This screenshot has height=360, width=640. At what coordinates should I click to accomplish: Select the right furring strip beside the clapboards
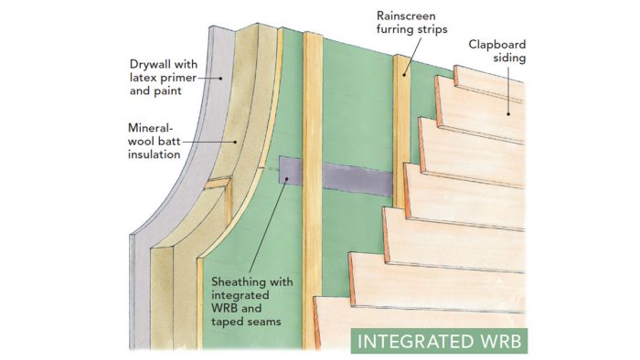400,137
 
